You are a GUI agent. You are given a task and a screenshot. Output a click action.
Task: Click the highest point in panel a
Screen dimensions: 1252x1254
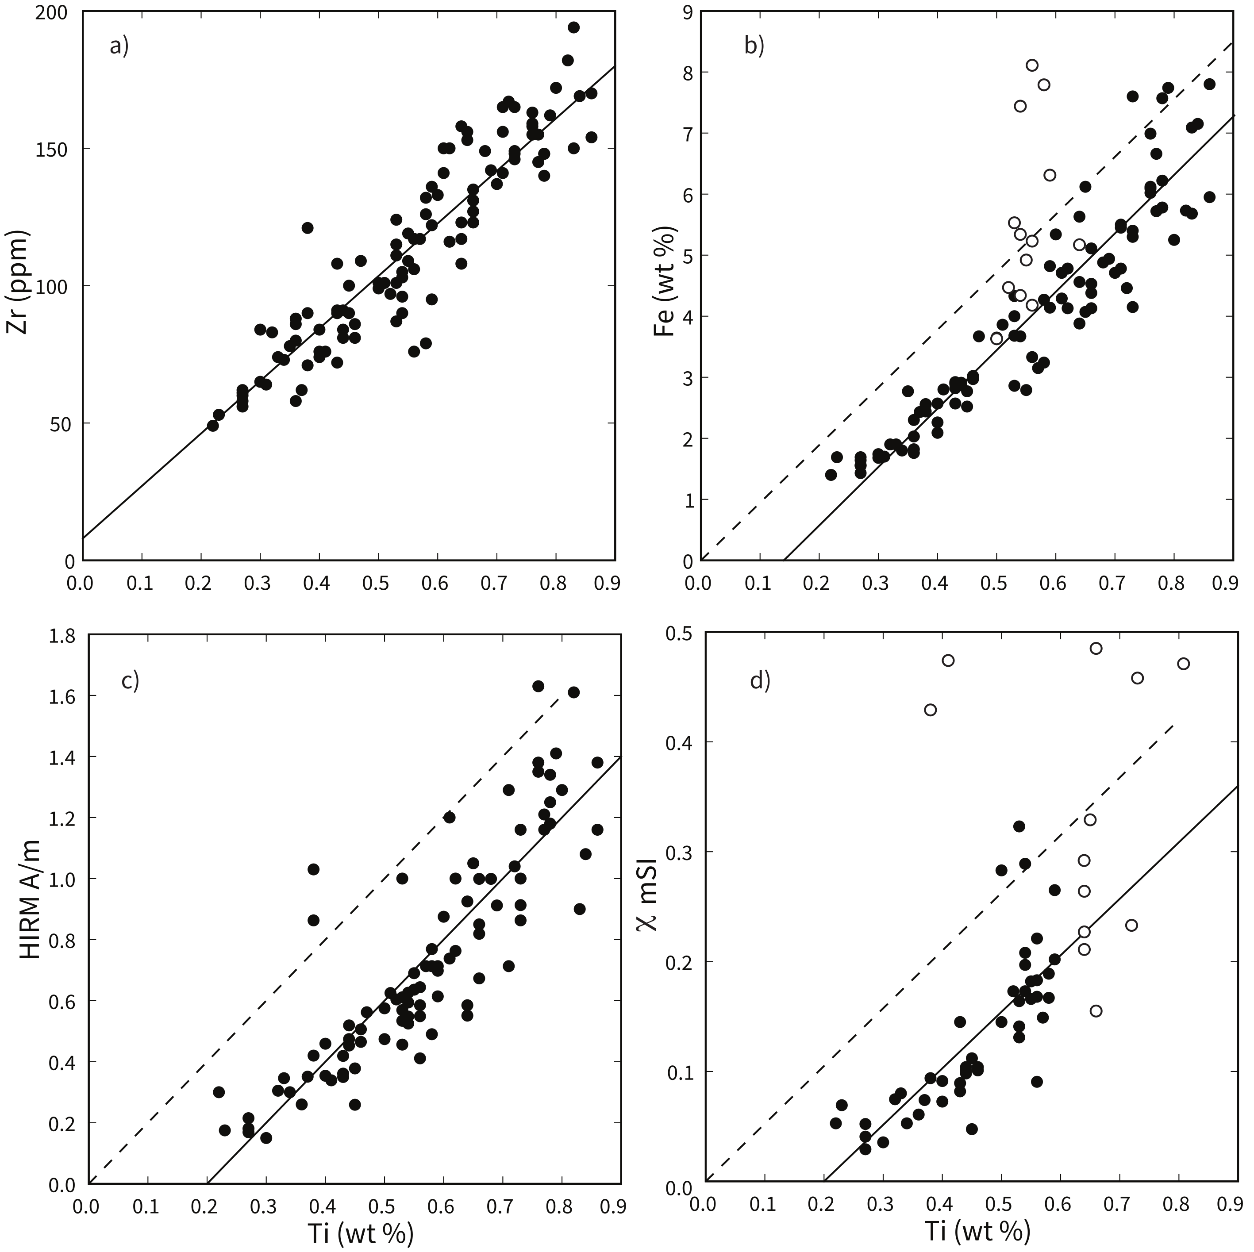pyautogui.click(x=573, y=27)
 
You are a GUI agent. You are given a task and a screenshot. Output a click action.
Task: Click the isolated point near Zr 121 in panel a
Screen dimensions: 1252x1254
pyautogui.click(x=307, y=228)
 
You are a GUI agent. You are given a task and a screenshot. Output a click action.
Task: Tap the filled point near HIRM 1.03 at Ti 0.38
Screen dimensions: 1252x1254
pyautogui.click(x=313, y=869)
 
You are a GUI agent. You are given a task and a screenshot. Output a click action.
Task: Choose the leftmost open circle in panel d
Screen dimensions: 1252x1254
pyautogui.click(x=930, y=710)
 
